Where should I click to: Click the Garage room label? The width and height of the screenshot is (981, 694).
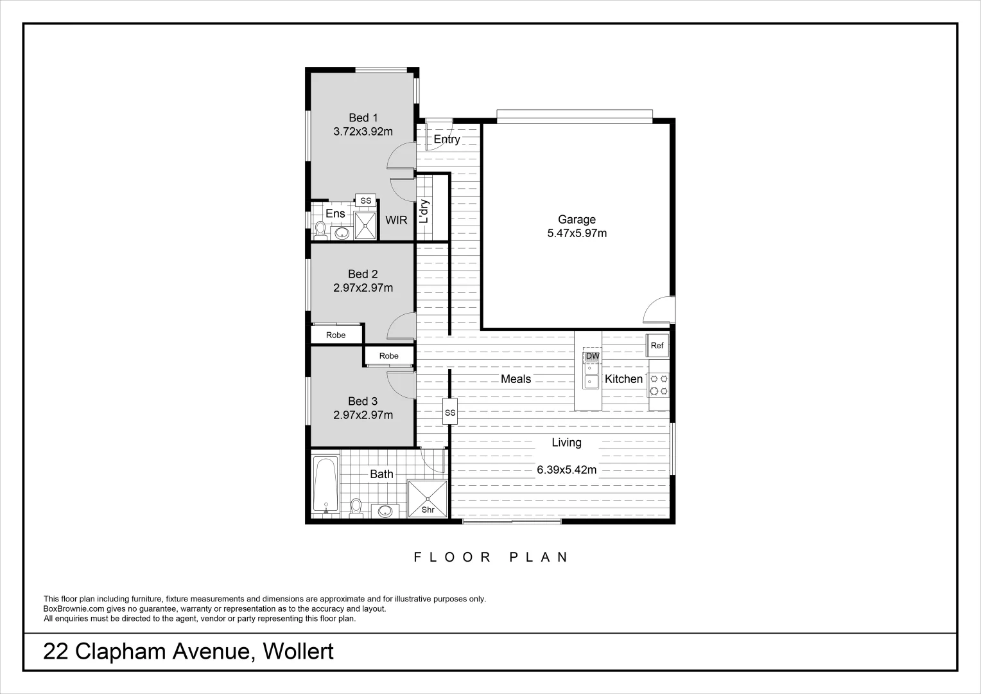(x=577, y=220)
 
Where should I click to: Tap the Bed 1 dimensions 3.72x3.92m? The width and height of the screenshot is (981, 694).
(x=363, y=132)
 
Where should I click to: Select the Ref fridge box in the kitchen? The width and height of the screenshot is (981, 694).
(x=657, y=346)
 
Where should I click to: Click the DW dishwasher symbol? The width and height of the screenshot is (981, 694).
(x=592, y=356)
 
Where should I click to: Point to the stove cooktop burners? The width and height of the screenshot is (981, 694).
(x=659, y=384)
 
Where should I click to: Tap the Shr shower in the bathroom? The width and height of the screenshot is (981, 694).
(x=428, y=499)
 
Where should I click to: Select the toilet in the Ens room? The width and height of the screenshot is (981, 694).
(x=320, y=230)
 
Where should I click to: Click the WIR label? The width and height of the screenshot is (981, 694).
(x=396, y=220)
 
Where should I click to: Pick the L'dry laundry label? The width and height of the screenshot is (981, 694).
(x=424, y=211)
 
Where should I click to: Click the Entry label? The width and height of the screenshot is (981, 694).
(x=446, y=139)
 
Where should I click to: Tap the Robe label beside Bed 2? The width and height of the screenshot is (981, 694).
(x=335, y=335)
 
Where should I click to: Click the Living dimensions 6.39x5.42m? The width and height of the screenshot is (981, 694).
(x=566, y=470)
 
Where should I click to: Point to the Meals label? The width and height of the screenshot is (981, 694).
(x=516, y=379)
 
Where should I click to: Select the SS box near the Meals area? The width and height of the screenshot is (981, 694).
(x=450, y=413)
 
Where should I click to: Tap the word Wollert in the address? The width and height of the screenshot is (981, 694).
(x=299, y=652)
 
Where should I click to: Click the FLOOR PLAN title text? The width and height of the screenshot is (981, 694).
(x=491, y=557)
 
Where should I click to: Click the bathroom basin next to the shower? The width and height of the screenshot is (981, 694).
(x=385, y=511)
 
